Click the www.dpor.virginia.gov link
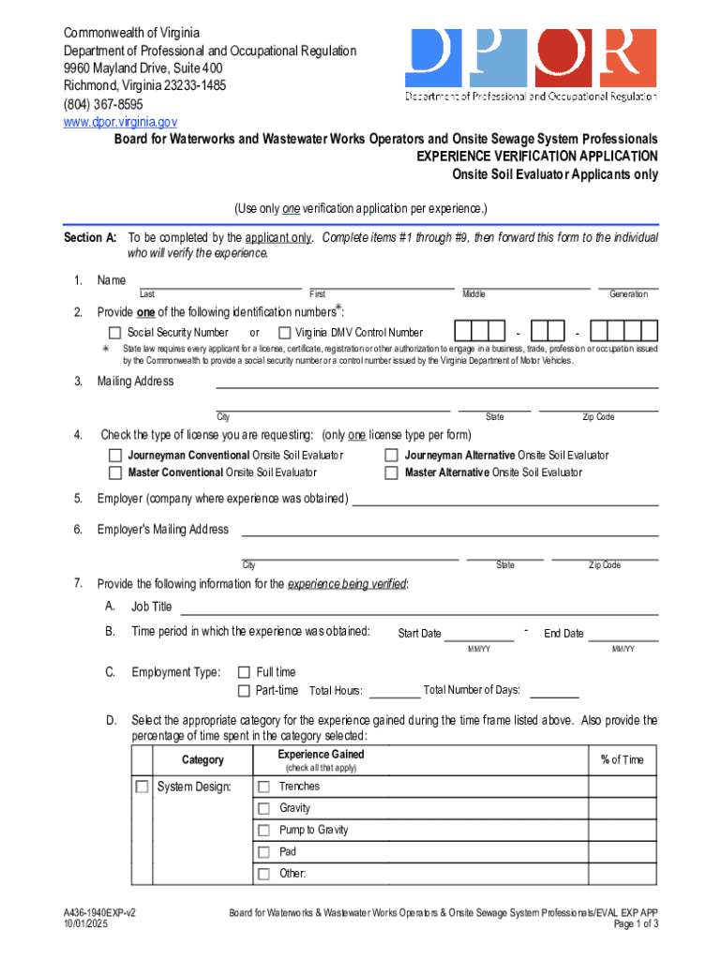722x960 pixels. (x=120, y=122)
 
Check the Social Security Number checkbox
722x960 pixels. (x=114, y=333)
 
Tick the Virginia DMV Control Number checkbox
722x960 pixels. (x=285, y=333)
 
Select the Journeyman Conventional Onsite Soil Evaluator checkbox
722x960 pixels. (x=115, y=456)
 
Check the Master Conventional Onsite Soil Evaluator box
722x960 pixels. (x=115, y=472)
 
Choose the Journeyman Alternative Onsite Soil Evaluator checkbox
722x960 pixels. (x=392, y=456)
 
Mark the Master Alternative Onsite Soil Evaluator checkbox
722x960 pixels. (x=392, y=472)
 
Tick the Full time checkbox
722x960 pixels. (x=244, y=672)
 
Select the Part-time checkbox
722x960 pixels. (x=244, y=691)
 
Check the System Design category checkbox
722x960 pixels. (x=142, y=787)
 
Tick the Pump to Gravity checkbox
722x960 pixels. (x=263, y=830)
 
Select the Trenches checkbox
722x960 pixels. (x=263, y=787)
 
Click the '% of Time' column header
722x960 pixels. (x=622, y=760)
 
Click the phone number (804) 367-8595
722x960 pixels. (x=103, y=104)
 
